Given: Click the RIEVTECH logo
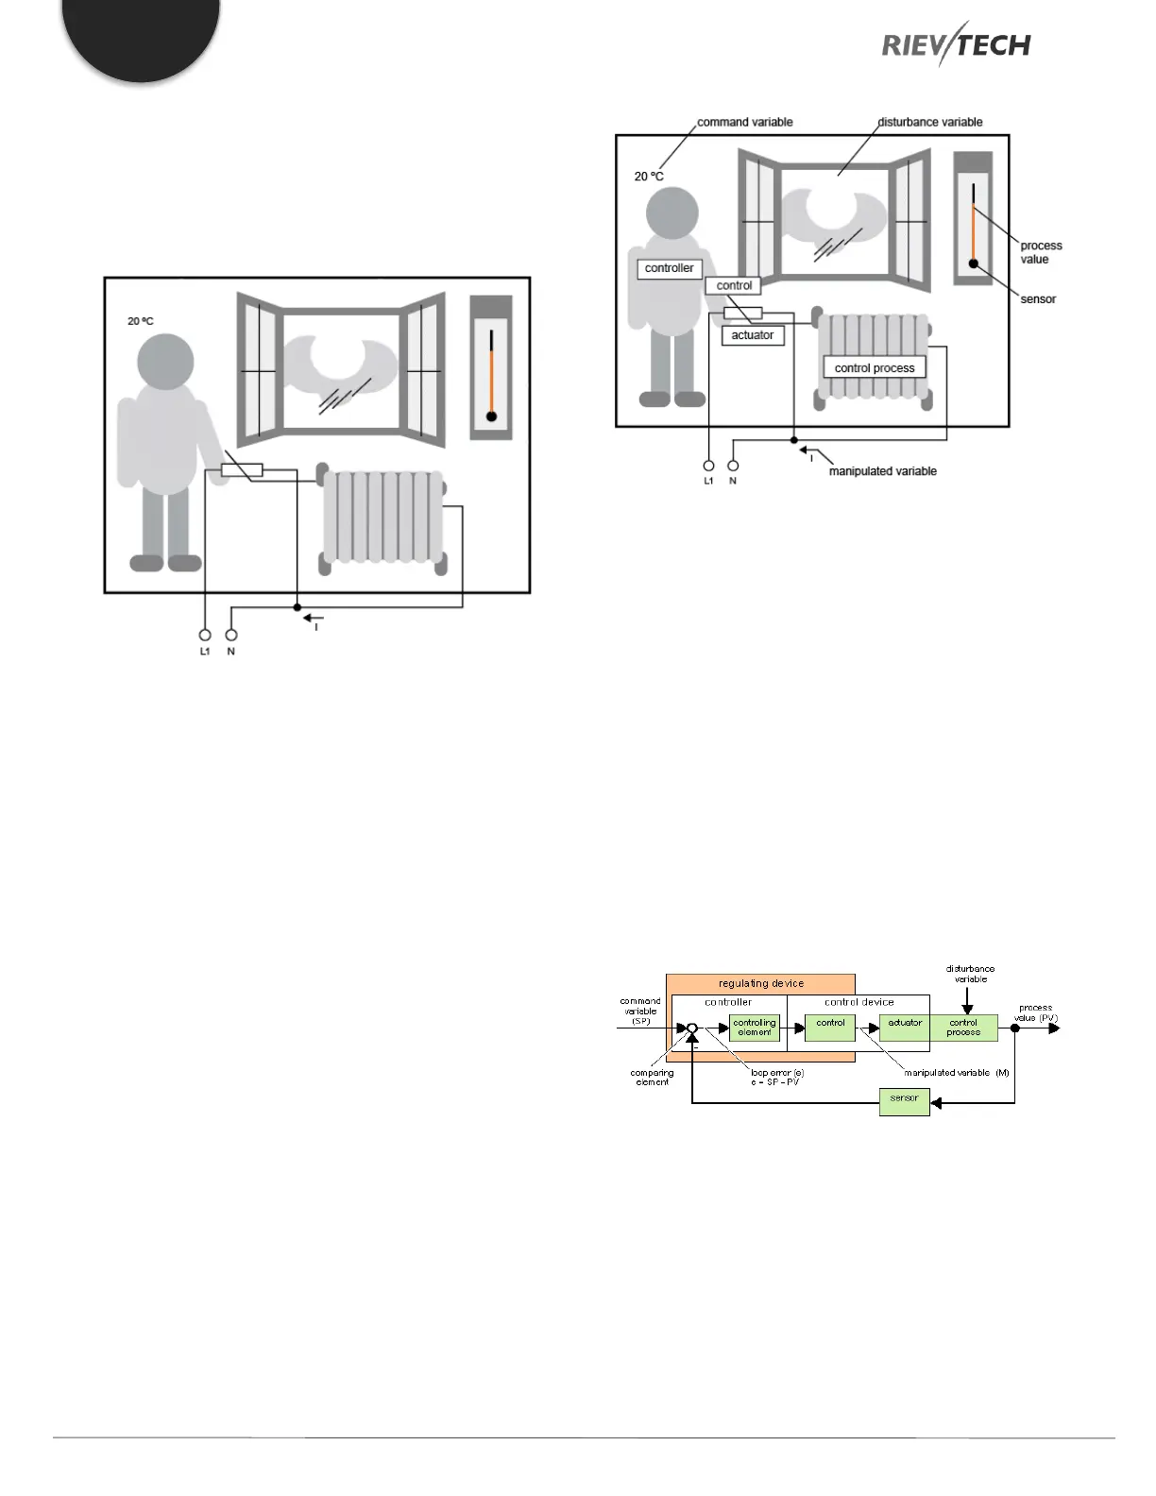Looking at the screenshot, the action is (x=956, y=43).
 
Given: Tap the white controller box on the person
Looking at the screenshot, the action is (x=669, y=268).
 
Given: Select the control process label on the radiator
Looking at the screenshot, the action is (x=875, y=367).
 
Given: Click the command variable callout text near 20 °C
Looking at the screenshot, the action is (x=744, y=122).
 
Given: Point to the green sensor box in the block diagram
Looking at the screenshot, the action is (x=904, y=1100).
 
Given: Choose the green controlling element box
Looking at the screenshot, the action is (x=755, y=1028).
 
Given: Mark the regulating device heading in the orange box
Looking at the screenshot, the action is (x=761, y=983).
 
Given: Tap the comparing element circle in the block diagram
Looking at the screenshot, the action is (x=692, y=1028).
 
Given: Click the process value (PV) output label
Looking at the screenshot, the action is (x=1036, y=1012).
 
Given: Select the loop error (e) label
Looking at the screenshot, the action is (x=776, y=1077).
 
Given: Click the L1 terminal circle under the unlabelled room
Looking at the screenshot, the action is (x=205, y=635).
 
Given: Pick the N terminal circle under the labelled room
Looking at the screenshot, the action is (x=733, y=466).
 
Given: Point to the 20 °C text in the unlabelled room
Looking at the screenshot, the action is (x=141, y=321).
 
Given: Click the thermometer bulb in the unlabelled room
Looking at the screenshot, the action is (x=491, y=416).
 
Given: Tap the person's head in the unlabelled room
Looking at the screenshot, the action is (x=166, y=362).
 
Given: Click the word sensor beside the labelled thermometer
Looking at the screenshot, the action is (x=1038, y=299).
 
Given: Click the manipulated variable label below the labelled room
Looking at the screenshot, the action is (x=882, y=471).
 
